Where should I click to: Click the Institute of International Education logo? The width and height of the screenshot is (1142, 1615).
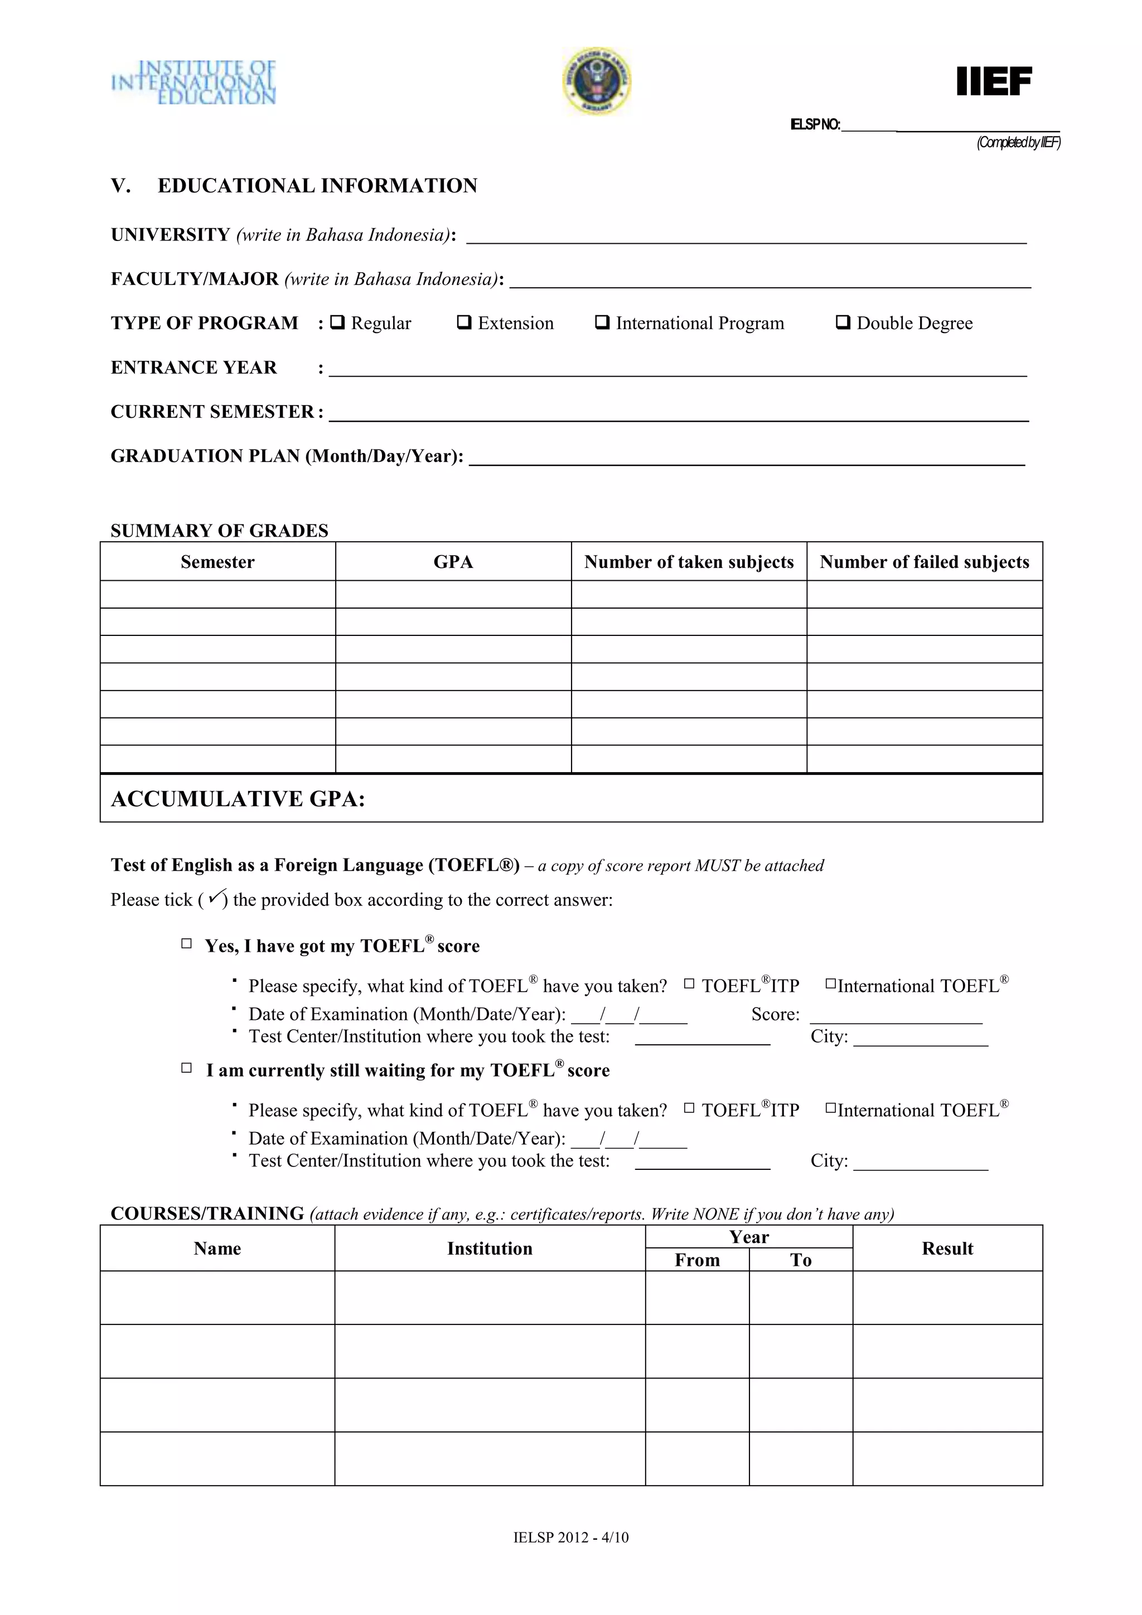(x=194, y=83)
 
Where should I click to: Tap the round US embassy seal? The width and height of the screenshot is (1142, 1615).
(x=596, y=81)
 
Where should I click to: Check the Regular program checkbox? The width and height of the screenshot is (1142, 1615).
(x=337, y=323)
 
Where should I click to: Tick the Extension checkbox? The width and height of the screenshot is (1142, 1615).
(x=464, y=323)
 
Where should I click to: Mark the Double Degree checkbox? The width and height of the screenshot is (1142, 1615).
(x=843, y=323)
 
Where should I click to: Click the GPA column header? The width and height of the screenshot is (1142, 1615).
(x=453, y=562)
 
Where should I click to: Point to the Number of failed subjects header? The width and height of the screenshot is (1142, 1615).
(x=924, y=562)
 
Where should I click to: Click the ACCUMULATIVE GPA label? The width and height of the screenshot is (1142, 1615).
(x=238, y=799)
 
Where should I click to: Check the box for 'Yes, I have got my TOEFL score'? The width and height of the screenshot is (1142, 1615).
(x=186, y=944)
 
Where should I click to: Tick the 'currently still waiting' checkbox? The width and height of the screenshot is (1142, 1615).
(x=186, y=1068)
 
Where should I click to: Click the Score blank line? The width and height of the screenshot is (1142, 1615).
(x=896, y=1019)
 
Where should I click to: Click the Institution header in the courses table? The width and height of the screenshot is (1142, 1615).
(x=490, y=1248)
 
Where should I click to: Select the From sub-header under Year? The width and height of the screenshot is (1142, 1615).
(x=697, y=1260)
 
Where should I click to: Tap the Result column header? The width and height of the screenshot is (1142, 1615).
(x=947, y=1248)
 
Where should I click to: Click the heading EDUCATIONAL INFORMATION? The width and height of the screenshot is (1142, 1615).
(x=317, y=186)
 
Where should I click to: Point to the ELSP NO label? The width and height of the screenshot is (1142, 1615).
(x=815, y=125)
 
